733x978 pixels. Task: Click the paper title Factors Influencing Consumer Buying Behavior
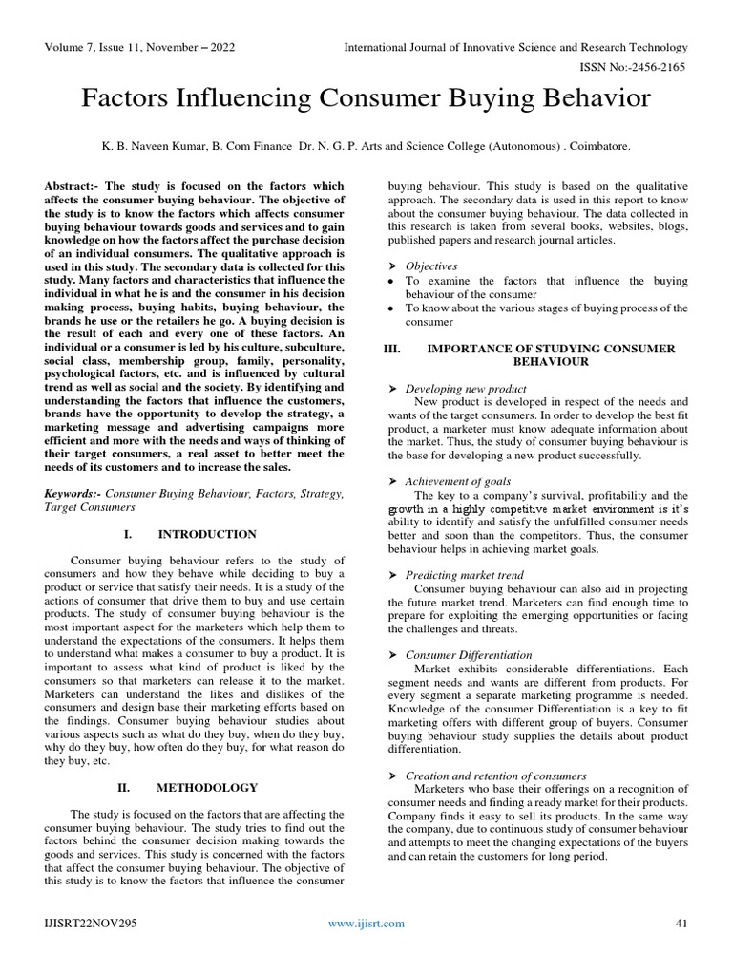coord(366,98)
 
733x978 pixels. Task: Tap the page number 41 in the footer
coord(681,923)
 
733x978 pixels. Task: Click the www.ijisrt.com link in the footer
coord(366,923)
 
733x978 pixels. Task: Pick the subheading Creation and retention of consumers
coord(495,776)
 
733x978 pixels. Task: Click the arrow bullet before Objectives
coord(391,266)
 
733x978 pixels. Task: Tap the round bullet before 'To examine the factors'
coord(391,282)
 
